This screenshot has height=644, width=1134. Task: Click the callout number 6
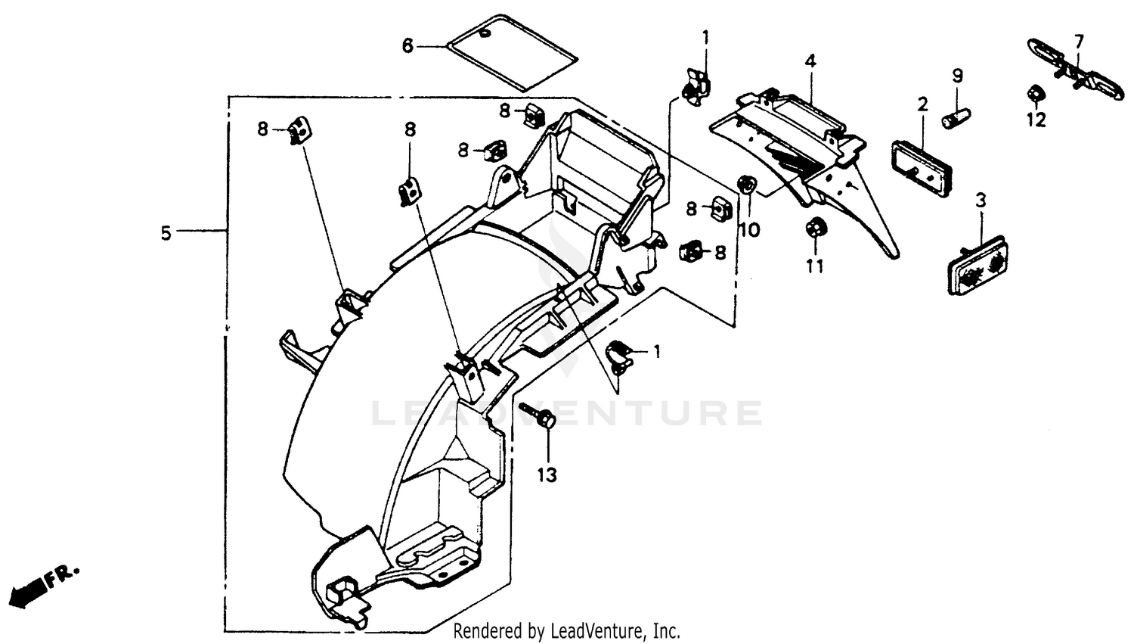(x=407, y=46)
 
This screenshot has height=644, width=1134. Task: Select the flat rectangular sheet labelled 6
(x=512, y=51)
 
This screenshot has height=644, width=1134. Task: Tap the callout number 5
(x=166, y=233)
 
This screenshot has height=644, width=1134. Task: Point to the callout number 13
(x=547, y=474)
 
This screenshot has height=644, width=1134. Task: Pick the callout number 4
(x=810, y=61)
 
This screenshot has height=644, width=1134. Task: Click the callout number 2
(x=922, y=104)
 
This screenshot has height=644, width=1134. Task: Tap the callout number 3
(x=981, y=201)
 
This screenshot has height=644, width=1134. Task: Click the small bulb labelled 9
(x=954, y=117)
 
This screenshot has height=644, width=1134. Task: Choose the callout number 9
(x=957, y=76)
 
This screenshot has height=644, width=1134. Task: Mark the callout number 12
(x=1036, y=119)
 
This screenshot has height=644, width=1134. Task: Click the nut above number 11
(x=816, y=226)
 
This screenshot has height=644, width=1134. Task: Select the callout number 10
(x=748, y=230)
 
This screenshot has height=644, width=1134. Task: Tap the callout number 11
(x=814, y=266)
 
